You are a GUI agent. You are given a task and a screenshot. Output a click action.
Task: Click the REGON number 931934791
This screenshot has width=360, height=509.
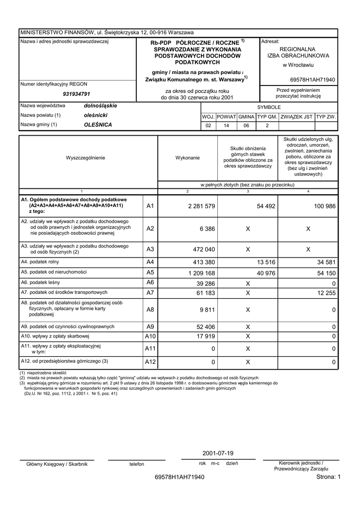(76, 94)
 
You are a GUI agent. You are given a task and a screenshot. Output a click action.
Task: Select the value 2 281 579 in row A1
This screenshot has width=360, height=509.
(201, 206)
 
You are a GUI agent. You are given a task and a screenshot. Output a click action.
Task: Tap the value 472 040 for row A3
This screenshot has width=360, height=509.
(204, 250)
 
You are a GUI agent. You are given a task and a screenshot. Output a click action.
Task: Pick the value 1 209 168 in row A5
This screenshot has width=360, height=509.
(201, 273)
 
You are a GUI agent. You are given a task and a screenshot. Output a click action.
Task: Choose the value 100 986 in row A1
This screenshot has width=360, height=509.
(325, 206)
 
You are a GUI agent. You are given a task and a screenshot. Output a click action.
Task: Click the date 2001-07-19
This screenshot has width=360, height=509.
(218, 453)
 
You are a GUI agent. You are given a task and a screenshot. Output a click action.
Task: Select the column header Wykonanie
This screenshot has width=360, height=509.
(187, 158)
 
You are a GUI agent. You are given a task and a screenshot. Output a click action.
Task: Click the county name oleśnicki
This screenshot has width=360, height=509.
(95, 115)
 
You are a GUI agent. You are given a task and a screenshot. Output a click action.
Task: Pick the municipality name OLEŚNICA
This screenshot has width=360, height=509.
(98, 125)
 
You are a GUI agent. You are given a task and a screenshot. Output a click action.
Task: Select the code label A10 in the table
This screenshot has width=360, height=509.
(150, 337)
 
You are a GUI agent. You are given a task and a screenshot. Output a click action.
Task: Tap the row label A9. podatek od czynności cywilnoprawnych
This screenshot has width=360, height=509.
(68, 327)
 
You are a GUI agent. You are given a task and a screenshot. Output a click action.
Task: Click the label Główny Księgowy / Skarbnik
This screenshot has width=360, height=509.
(57, 464)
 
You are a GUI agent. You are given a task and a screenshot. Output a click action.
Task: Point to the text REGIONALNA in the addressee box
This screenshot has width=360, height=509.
(298, 50)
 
